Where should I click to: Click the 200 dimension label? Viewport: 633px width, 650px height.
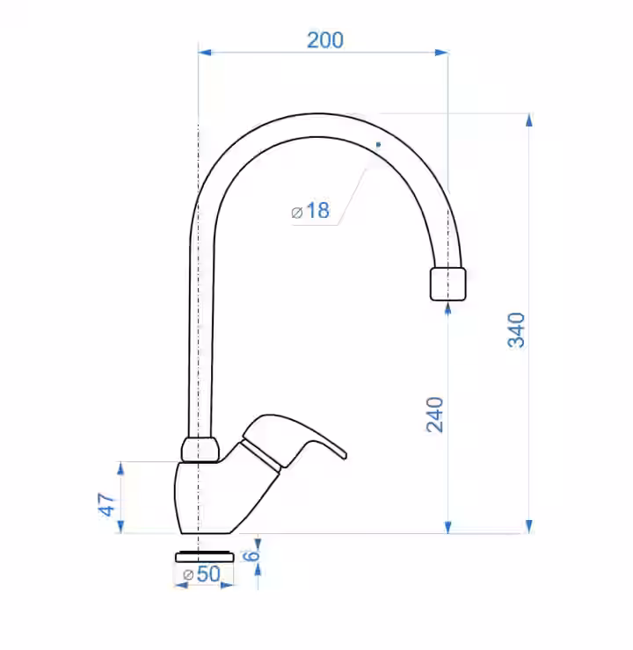325,40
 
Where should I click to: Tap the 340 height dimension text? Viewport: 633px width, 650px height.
517,330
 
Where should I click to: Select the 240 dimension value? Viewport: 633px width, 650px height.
435,415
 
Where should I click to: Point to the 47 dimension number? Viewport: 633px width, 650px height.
106,504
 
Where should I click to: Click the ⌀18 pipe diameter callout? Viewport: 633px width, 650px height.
310,211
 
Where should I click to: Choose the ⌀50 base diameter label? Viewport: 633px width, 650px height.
202,574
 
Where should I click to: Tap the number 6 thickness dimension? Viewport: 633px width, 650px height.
251,556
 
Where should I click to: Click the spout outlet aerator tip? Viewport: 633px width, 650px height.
448,284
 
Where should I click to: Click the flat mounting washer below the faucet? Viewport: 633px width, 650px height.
205,557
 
